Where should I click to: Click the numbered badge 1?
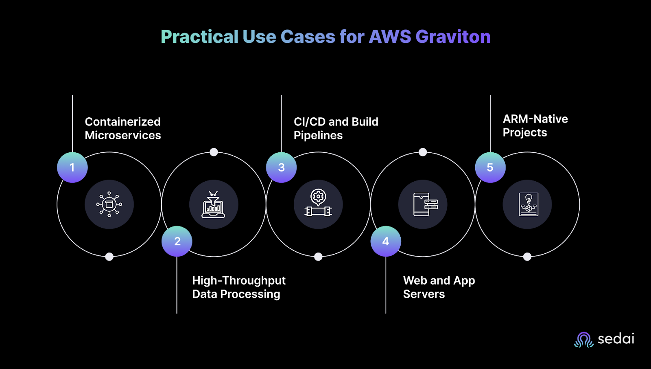[72, 167]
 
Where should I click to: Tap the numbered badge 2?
[177, 241]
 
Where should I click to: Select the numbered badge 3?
[281, 167]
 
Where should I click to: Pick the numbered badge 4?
[386, 241]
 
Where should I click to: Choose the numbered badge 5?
[490, 167]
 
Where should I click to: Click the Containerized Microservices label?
[123, 128]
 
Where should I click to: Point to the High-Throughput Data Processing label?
[239, 287]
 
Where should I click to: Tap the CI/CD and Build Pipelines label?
[336, 128]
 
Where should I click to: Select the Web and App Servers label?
[439, 287]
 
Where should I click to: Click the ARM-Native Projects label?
[535, 125]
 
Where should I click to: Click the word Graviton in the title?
[453, 37]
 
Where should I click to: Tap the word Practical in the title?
[199, 37]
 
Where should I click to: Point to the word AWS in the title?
[390, 37]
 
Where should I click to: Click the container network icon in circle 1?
[109, 204]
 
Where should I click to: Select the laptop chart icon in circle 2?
[214, 204]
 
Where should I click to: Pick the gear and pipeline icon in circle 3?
[318, 204]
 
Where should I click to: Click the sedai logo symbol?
[584, 340]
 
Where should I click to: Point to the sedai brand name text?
[616, 339]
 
